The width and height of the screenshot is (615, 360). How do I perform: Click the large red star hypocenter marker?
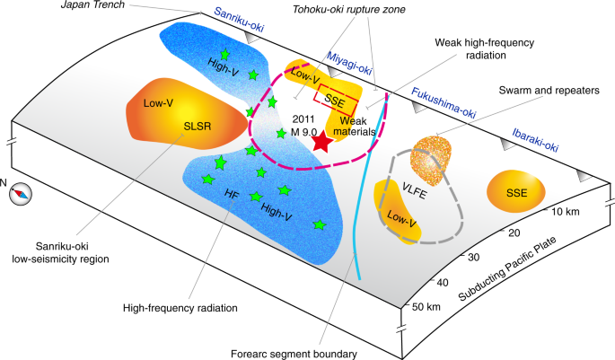[x=324, y=148]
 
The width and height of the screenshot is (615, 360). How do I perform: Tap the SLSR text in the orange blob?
[x=198, y=127]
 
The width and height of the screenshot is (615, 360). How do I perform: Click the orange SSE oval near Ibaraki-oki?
[x=515, y=193]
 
